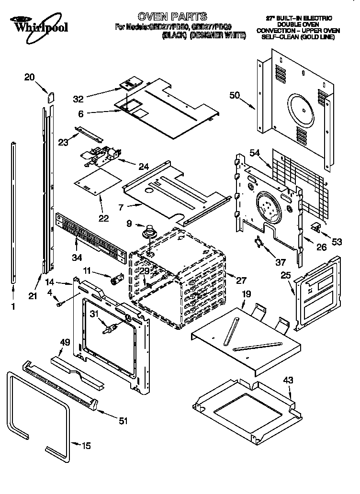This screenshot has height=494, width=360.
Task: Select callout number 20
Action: tap(29, 77)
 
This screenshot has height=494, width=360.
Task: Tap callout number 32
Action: tap(79, 99)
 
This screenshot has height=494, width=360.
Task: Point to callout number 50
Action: tap(235, 95)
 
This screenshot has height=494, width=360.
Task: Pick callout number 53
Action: tap(337, 242)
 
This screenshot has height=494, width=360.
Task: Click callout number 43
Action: tap(287, 381)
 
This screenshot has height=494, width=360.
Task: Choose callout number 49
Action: tap(65, 342)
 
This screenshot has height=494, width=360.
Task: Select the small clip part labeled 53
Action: tap(316, 226)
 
